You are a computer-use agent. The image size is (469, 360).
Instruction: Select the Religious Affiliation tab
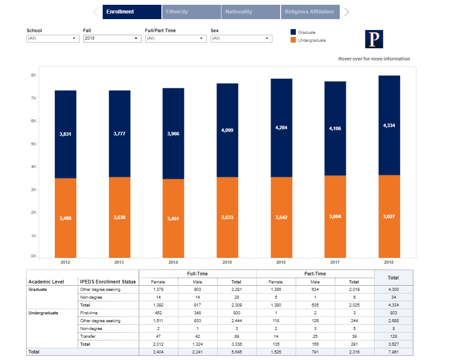coord(309,12)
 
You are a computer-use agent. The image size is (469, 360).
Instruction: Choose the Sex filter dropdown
coord(241,38)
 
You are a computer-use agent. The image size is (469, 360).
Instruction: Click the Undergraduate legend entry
coord(312,40)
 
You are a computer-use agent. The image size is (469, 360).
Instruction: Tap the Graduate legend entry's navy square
coord(293,32)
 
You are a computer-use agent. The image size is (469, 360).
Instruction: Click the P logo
coord(374,39)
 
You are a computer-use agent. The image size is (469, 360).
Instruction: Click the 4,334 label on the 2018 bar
coord(389,125)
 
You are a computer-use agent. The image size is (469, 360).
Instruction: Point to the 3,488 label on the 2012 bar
coord(65,218)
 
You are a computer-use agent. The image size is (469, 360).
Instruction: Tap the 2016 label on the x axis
coord(281,262)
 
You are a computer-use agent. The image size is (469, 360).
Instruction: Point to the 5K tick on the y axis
coord(33,143)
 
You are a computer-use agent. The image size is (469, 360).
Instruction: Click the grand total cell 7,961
coord(393,352)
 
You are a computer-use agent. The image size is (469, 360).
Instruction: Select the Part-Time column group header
coord(315,273)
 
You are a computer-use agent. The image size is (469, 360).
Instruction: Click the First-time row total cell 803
coord(393,313)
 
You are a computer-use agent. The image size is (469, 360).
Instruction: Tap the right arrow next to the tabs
coord(347,12)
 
